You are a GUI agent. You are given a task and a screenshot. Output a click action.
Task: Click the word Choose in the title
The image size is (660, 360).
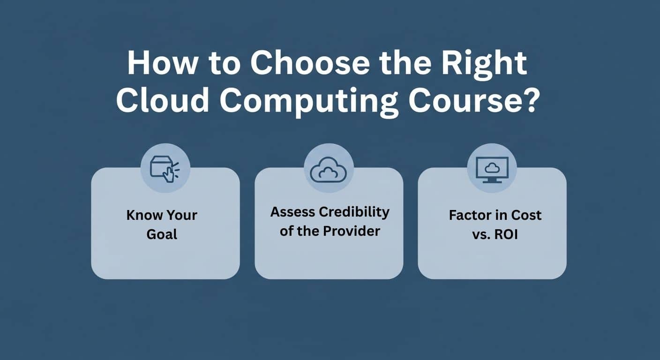tap(310, 63)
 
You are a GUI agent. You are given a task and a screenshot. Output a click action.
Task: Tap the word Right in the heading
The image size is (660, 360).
tap(484, 66)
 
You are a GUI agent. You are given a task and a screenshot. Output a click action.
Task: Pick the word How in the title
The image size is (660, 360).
tap(162, 63)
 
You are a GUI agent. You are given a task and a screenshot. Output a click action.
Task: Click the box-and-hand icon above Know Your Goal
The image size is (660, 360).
tap(165, 169)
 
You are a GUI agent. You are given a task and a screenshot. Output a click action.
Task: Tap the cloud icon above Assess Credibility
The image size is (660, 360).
tap(329, 170)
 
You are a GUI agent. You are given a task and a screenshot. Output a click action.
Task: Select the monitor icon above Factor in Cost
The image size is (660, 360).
tap(492, 170)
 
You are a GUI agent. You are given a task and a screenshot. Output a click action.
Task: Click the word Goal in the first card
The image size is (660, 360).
tap(162, 234)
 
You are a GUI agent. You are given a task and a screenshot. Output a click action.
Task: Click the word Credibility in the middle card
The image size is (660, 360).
tap(354, 213)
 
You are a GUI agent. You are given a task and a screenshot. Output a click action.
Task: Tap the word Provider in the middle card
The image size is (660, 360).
tap(351, 231)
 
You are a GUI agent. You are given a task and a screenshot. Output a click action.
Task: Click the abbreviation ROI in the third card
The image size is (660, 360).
tap(506, 234)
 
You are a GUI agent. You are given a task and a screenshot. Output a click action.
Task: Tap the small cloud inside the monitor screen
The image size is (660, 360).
tap(492, 168)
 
